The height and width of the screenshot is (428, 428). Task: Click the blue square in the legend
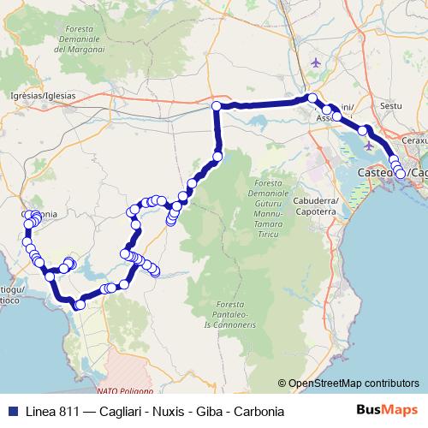coord(9,410)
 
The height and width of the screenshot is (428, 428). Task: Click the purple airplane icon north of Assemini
coord(318,63)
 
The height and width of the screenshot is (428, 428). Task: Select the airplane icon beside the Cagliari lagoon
coord(370,144)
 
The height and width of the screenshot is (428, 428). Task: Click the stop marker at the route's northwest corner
coord(217,106)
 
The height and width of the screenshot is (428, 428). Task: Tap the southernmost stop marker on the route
coord(80,305)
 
